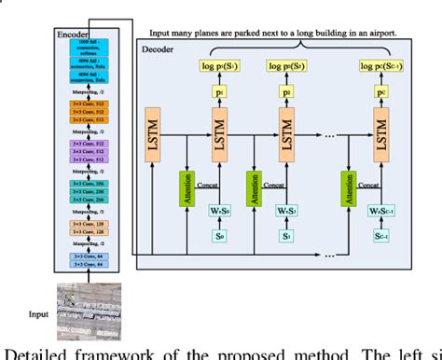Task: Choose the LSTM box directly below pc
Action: pyautogui.click(x=380, y=132)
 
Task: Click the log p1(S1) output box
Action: pyautogui.click(x=216, y=64)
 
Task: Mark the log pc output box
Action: pyautogui.click(x=380, y=64)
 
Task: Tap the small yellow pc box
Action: pyautogui.click(x=380, y=93)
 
